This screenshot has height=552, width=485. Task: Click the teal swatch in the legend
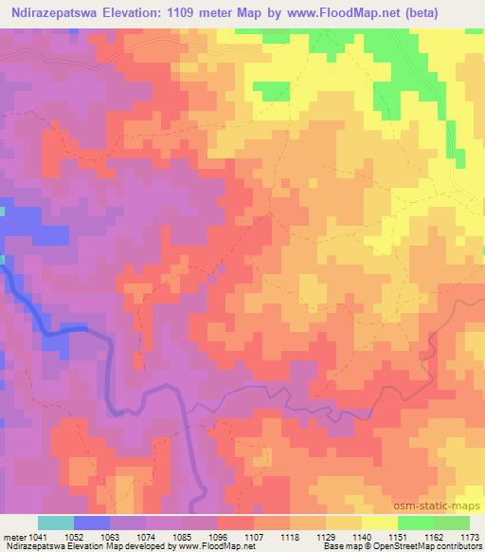[x=56, y=523]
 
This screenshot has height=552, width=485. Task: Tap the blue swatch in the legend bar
[x=91, y=523]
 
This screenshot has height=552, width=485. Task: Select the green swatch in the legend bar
[x=451, y=523]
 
